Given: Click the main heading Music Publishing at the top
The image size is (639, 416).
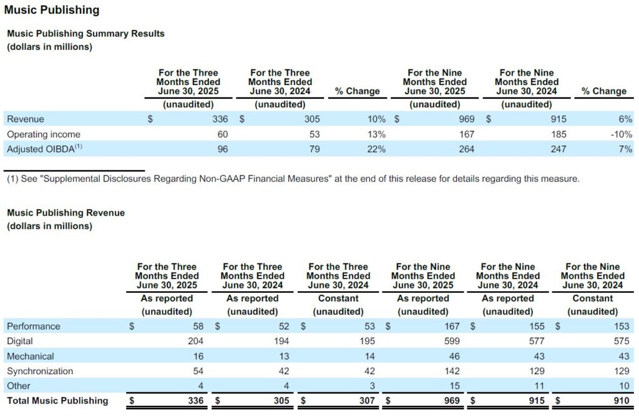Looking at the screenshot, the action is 52,10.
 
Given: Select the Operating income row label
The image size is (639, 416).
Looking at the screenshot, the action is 44,134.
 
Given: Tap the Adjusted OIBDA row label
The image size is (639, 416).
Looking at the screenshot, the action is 44,149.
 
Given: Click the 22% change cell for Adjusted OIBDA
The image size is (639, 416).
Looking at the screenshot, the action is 376,149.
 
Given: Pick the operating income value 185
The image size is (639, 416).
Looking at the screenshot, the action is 559,134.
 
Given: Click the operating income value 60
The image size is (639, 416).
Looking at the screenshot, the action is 223,134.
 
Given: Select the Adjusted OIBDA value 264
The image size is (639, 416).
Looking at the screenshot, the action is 467,149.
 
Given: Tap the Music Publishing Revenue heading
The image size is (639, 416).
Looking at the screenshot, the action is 66,212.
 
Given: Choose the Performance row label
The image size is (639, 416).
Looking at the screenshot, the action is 34,326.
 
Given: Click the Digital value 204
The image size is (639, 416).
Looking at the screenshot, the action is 195,341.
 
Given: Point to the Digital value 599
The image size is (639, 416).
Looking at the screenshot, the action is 452,341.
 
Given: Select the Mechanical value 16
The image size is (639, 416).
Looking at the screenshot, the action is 198,356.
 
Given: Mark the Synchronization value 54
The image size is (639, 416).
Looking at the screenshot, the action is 198,371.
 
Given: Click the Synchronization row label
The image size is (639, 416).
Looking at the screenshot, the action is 40,371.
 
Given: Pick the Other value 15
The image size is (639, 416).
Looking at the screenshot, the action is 455,386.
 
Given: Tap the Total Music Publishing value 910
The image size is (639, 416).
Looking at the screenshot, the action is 622,400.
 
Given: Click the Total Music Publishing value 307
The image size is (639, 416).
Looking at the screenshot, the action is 367,400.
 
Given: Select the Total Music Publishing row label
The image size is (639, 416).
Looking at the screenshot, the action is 57,400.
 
